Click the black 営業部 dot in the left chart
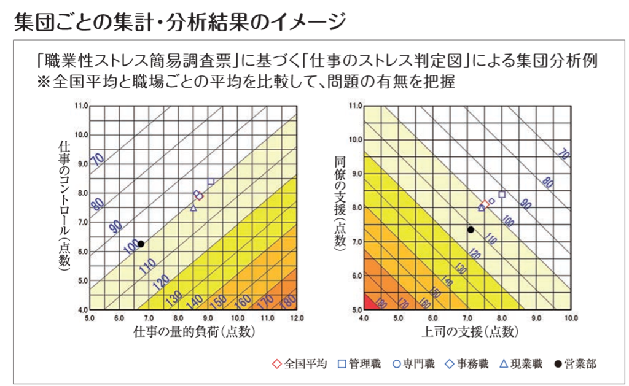click(141, 244)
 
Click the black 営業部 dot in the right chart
click(471, 230)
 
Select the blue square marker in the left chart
click(211, 182)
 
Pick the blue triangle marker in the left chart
click(193, 208)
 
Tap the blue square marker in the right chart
click(502, 195)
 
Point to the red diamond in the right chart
click(485, 204)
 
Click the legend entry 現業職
click(520, 364)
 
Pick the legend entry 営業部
click(574, 364)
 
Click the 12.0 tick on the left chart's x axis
click(297, 318)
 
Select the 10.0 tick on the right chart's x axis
click(571, 318)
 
